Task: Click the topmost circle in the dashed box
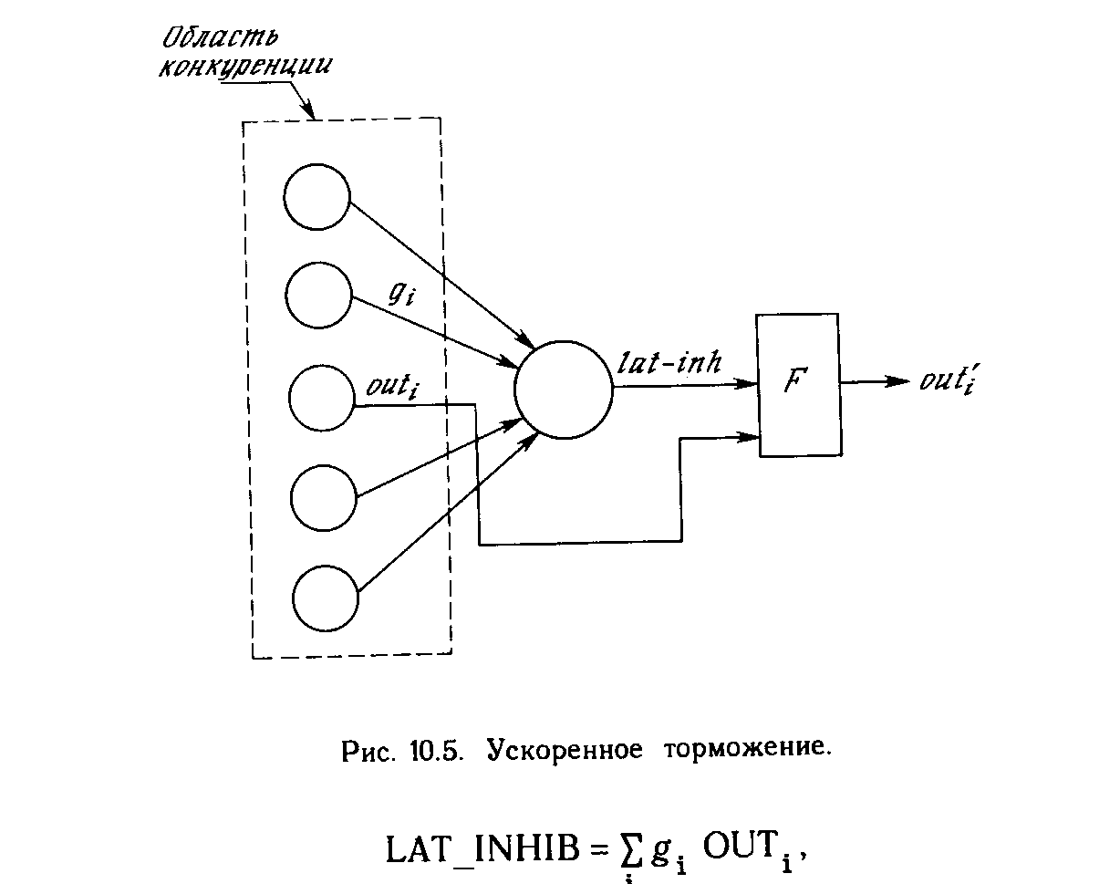pos(316,197)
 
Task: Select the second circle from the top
pos(318,296)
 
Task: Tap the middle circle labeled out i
pos(321,396)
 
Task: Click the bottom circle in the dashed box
pos(327,597)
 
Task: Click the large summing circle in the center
pos(563,390)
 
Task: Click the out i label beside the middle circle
pos(389,386)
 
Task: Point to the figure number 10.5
pos(437,751)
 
